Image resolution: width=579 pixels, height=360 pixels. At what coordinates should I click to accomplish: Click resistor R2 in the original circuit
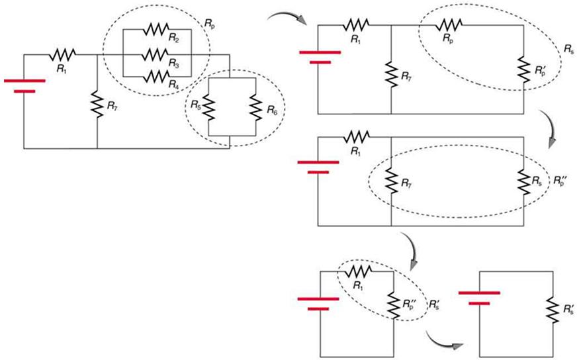coord(157,30)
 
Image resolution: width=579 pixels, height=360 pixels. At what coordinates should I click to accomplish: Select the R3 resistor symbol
coord(157,52)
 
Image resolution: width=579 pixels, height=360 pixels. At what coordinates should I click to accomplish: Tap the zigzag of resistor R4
coord(157,75)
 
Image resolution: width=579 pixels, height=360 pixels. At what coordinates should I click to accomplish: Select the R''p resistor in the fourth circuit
coord(395,306)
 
